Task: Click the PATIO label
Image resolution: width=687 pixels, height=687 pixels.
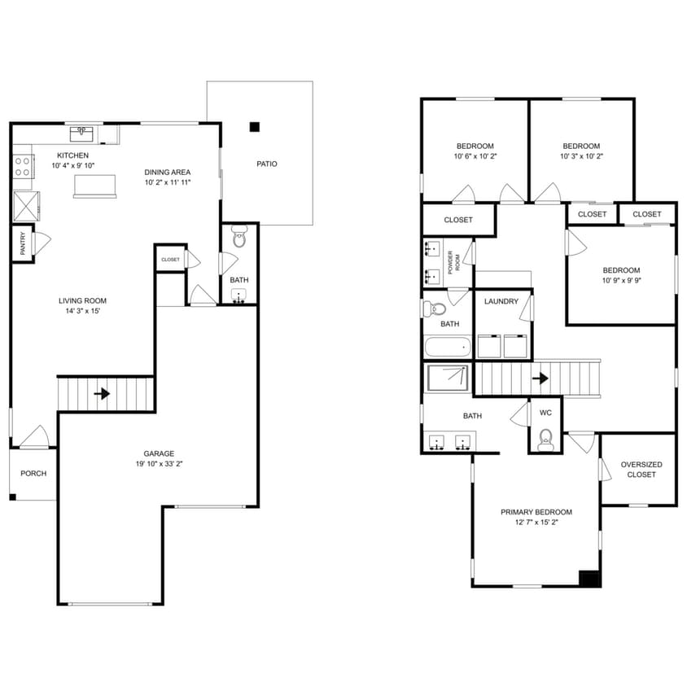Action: coord(266,164)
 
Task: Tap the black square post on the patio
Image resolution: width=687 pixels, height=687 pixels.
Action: coord(255,126)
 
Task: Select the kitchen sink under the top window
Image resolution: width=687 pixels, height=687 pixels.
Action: coord(81,133)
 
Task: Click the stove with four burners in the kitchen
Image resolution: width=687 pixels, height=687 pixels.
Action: coord(23,167)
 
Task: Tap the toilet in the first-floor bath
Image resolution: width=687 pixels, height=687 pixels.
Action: coord(239,237)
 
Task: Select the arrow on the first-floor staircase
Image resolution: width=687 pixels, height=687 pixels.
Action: coord(102,394)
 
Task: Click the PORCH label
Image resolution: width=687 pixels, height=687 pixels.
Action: coord(33,473)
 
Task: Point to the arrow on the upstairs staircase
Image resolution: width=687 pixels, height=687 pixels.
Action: coord(539,378)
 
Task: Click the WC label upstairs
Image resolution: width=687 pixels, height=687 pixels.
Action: coord(545,413)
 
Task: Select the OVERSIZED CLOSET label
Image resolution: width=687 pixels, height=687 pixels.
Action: coord(641,469)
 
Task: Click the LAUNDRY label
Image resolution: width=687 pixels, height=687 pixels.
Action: coord(501,301)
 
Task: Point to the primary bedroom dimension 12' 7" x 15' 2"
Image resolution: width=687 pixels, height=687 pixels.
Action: coord(536,523)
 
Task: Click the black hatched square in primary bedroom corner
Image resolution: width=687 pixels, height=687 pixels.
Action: coord(589,577)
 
